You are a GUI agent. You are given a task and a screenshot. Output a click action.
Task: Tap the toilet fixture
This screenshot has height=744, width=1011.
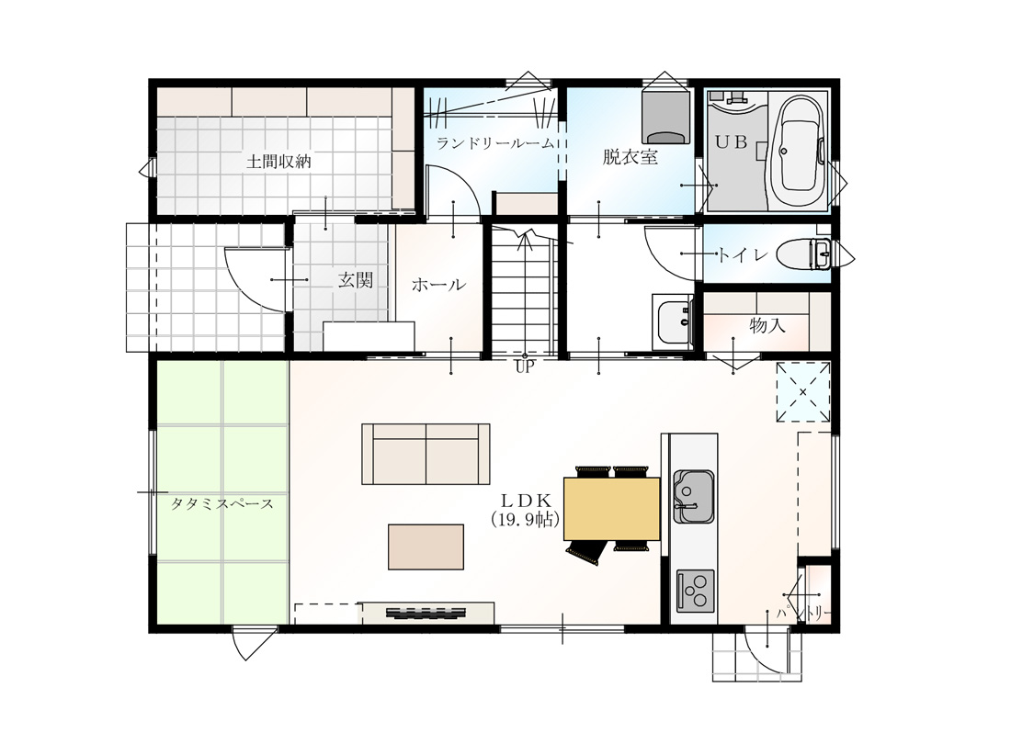(x=803, y=254)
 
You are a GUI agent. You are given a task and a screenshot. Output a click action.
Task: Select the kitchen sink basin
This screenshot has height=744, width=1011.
(x=694, y=496)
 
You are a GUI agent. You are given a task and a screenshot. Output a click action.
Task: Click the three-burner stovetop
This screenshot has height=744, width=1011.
(x=695, y=591)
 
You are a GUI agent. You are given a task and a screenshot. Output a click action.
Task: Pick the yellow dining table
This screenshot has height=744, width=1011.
(x=612, y=508)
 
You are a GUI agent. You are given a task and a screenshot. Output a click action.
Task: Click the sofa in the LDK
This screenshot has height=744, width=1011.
(x=426, y=454)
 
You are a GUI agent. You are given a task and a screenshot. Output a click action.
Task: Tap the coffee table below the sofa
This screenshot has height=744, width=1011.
(x=426, y=547)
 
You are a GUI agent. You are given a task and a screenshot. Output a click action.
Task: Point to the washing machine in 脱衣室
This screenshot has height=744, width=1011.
(x=665, y=117)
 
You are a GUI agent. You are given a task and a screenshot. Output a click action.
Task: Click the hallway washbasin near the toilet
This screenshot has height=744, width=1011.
(x=673, y=322)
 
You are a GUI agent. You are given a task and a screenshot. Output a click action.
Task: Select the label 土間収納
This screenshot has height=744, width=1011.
(x=278, y=161)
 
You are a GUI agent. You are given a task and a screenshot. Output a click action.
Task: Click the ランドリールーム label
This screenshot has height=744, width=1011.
(x=495, y=143)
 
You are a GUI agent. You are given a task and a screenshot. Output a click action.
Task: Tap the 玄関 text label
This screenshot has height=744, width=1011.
(x=356, y=280)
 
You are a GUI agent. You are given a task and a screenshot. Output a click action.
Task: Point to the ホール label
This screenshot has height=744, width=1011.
(x=438, y=284)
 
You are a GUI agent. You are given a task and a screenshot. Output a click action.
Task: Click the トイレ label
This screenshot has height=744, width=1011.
(x=743, y=255)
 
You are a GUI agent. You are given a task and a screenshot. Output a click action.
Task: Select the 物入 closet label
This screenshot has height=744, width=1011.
(x=767, y=325)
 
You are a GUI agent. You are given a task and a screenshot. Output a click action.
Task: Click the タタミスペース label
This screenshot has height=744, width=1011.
(x=222, y=503)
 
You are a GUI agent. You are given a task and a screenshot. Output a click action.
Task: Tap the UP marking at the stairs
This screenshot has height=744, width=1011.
(x=525, y=367)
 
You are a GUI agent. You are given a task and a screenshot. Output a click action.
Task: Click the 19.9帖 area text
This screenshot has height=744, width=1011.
(x=524, y=520)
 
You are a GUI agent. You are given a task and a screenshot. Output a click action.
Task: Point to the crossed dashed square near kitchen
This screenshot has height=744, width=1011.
(x=802, y=392)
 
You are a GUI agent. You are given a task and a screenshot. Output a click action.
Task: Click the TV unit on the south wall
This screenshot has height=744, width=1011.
(x=426, y=613)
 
